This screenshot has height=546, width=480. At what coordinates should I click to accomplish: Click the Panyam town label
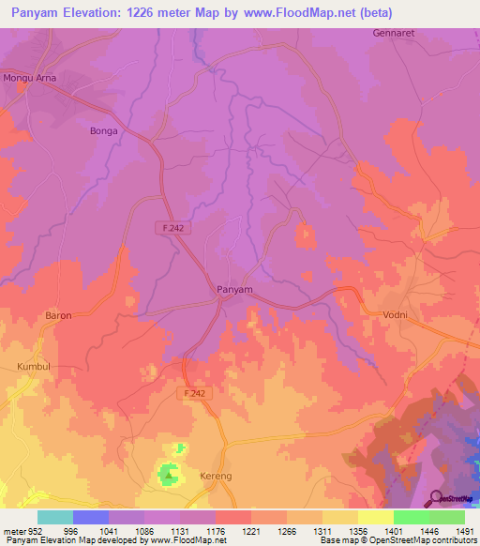(234, 290)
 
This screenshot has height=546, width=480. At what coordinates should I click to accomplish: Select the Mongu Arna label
(29, 79)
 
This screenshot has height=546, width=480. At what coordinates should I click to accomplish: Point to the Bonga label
(102, 131)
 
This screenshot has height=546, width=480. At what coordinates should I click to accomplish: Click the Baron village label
(58, 316)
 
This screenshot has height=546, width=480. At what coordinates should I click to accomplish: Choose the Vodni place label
(395, 315)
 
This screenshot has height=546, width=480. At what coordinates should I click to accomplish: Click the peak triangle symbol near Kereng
(169, 476)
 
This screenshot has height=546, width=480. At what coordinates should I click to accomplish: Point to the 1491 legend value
(464, 531)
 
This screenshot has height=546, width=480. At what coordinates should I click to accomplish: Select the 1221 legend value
(251, 531)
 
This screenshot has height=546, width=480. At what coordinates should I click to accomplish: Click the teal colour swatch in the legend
(54, 517)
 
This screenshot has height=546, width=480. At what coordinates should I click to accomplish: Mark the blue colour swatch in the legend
(90, 517)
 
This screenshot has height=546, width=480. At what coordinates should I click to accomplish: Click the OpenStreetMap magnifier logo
(434, 497)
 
